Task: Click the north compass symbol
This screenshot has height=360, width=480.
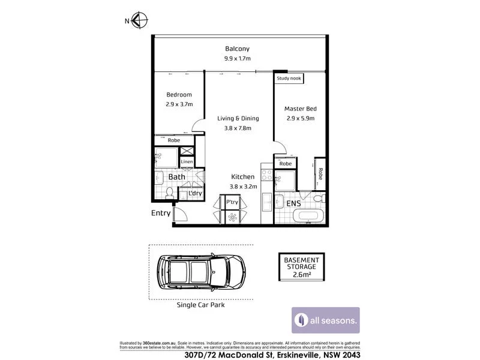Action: tap(139, 20)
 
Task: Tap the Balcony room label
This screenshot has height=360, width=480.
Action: tap(237, 49)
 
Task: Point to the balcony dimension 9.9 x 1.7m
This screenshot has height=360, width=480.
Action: tap(237, 59)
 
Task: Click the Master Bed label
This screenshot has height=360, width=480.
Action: tap(300, 109)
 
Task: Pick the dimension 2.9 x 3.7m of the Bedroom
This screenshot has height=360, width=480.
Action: tap(179, 104)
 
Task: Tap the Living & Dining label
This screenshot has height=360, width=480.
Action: tap(234, 118)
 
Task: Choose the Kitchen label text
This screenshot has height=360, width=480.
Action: tap(243, 177)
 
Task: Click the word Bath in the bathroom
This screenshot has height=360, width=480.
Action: tap(176, 177)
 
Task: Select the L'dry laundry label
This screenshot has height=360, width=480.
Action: tap(194, 193)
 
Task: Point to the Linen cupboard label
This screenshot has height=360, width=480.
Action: tap(187, 162)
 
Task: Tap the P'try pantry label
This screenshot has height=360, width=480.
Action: tap(232, 202)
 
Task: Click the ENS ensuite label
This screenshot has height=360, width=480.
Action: tap(293, 204)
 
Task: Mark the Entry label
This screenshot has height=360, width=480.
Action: tap(161, 213)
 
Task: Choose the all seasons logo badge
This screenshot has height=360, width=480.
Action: tap(326, 320)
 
